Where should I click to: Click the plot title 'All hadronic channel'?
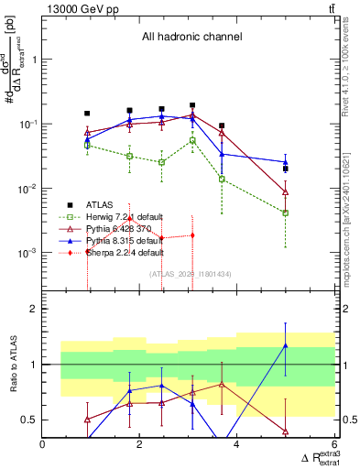pos(191,37)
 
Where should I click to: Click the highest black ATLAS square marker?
pos(192,105)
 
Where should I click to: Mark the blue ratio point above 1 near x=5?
pos(286,345)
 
